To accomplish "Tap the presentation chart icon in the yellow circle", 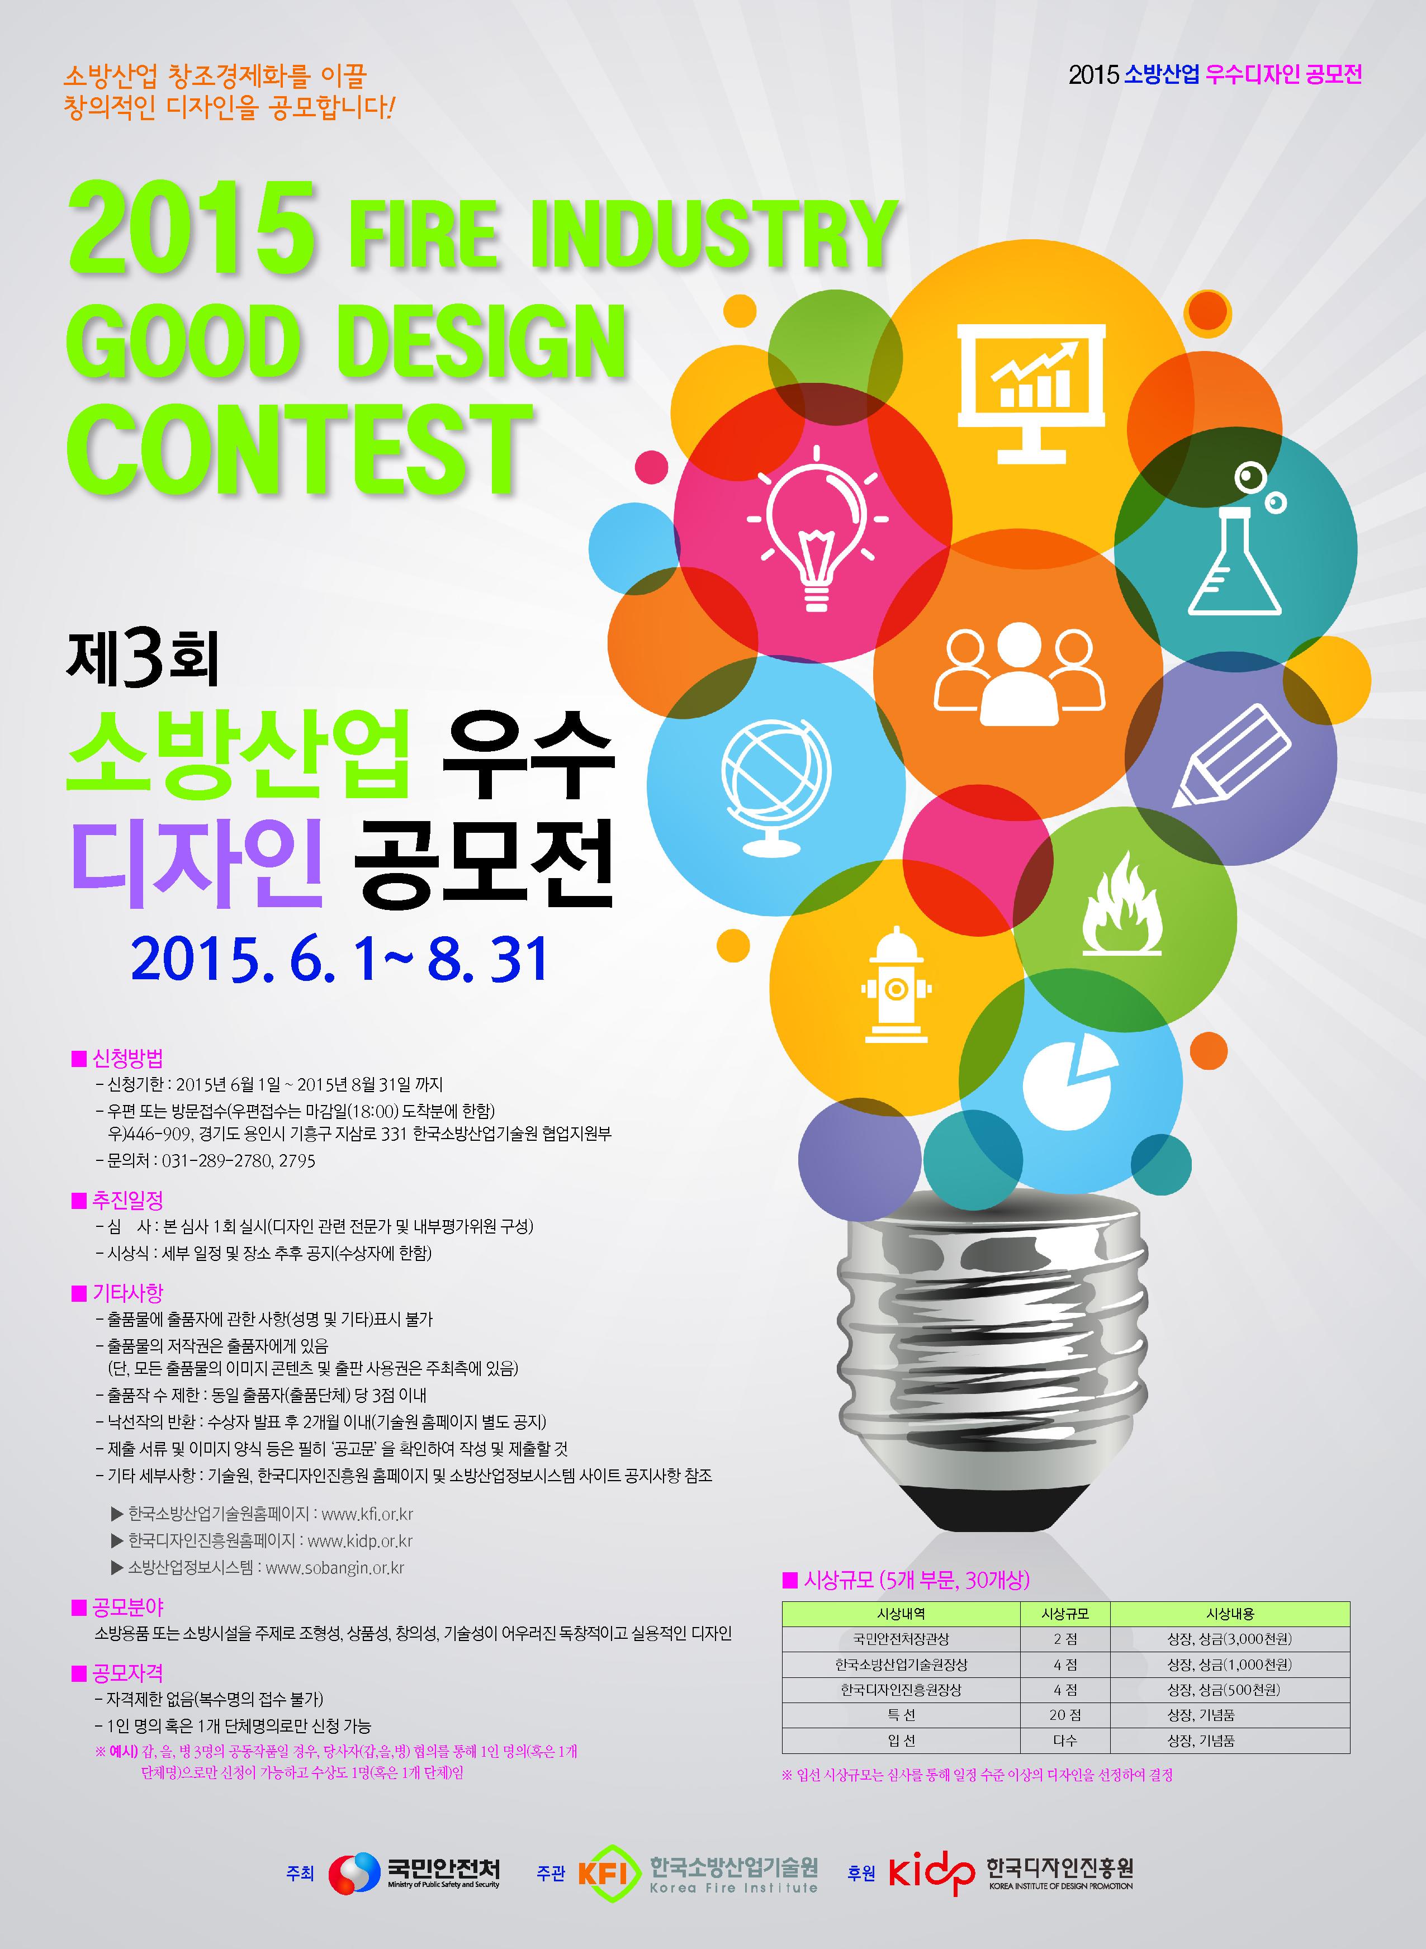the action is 1031,393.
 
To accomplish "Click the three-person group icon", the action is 1018,674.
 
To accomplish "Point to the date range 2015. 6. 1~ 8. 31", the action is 340,959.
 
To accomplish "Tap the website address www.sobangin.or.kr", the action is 335,1567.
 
